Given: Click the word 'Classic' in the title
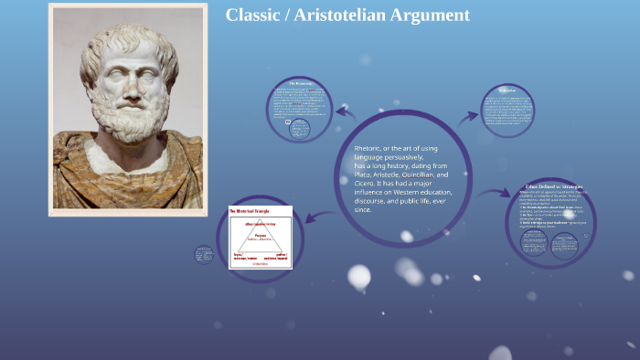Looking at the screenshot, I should click(x=255, y=15).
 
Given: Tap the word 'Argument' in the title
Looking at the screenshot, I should click(x=434, y=15).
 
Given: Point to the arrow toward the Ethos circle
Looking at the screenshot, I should click(x=495, y=193).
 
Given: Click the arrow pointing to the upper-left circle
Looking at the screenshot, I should click(x=345, y=113).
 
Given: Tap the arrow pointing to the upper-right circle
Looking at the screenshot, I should click(x=469, y=116).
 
